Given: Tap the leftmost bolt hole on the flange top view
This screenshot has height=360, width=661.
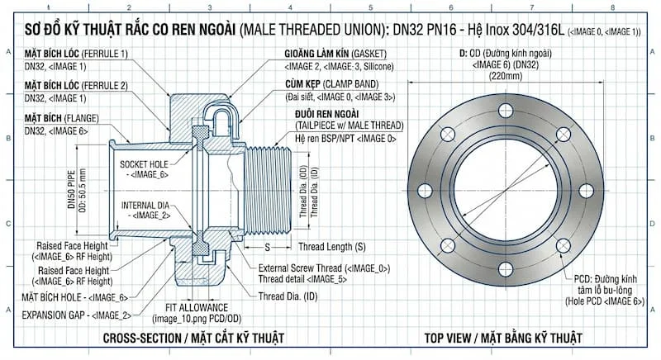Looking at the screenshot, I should (426, 191).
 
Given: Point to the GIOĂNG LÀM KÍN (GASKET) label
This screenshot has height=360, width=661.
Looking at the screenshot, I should (338, 54).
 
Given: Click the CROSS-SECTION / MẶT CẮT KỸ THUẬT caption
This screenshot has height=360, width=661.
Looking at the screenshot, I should (193, 339).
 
